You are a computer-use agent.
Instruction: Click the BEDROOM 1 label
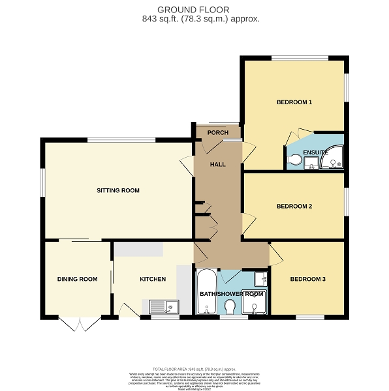(294, 102)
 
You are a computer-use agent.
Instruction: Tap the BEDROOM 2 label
(294, 207)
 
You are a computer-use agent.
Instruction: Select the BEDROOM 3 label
(307, 280)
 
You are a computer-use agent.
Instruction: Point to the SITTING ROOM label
(118, 190)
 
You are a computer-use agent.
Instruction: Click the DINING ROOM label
(77, 279)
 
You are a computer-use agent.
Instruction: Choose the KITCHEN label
(153, 279)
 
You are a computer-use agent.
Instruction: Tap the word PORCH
(217, 133)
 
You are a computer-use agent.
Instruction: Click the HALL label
(217, 164)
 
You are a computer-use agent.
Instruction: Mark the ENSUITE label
(316, 152)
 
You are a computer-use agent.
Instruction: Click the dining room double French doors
(78, 324)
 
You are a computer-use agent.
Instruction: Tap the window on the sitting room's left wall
(43, 182)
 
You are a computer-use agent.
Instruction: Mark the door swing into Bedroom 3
(275, 255)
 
